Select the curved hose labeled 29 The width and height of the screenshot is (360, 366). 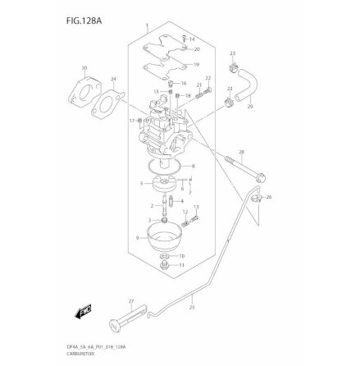(243, 98)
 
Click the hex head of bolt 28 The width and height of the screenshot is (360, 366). (261, 176)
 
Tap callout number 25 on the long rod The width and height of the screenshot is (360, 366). (192, 308)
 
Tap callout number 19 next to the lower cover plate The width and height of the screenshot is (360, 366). (195, 64)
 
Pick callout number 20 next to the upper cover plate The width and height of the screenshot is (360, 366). (197, 49)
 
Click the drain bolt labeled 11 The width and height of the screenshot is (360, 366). (167, 267)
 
